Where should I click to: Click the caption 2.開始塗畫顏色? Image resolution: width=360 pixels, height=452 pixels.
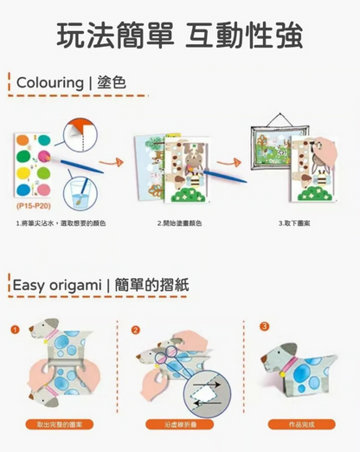180,224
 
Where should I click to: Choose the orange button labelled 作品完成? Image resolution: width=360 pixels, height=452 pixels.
298,424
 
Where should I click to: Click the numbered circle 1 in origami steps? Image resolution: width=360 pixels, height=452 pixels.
15,330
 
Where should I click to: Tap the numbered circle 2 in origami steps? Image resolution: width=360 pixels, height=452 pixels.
134,330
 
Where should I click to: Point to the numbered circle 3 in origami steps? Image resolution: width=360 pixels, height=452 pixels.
264,326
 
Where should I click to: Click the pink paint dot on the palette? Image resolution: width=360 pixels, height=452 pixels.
41,156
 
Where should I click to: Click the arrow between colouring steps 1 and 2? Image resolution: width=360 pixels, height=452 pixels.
128,160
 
